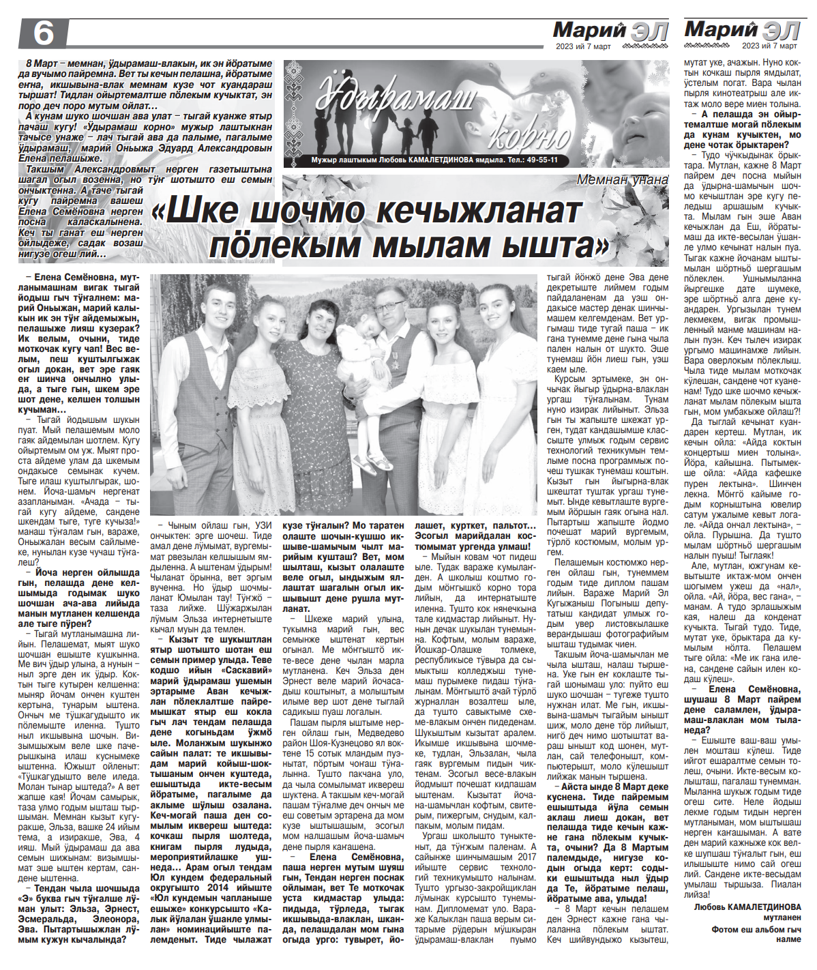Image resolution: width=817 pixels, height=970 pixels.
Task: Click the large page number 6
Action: pyautogui.click(x=43, y=33)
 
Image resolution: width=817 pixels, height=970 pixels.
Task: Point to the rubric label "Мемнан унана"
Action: pyautogui.click(x=622, y=180)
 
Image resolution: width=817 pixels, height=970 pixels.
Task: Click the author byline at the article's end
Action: pyautogui.click(x=747, y=907)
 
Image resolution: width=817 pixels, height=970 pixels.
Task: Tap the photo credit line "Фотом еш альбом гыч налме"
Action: pyautogui.click(x=756, y=935)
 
